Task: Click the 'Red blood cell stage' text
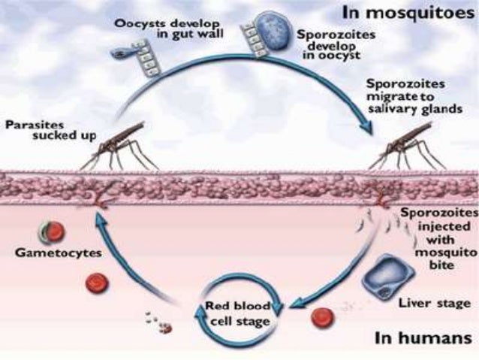pos(236,313)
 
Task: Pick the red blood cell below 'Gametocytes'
pos(95,283)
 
